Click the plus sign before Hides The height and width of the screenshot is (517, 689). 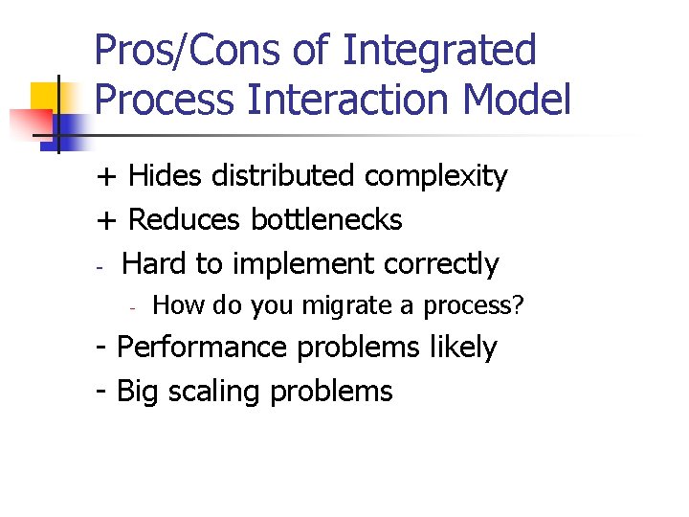coord(106,177)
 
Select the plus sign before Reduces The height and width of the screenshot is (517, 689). coord(106,220)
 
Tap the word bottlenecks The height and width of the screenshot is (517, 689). coord(326,219)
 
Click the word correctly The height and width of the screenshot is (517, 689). coord(441,264)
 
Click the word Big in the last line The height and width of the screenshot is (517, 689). coord(137,392)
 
